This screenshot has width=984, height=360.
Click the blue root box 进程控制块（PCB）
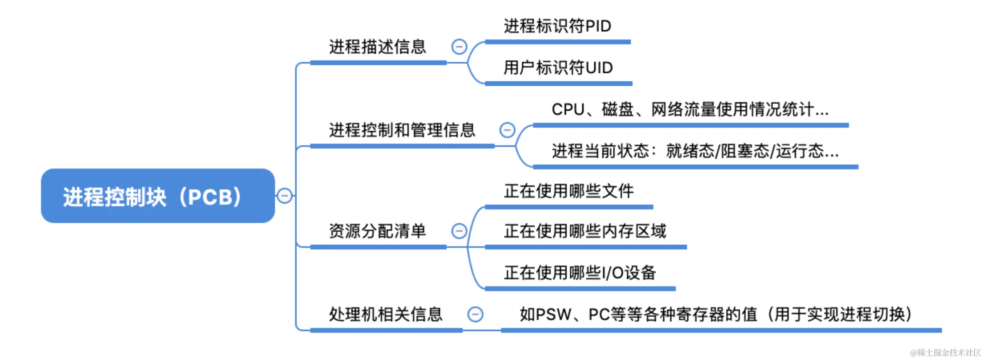(158, 196)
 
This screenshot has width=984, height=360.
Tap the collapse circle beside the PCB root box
(284, 196)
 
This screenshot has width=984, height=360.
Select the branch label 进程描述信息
(377, 47)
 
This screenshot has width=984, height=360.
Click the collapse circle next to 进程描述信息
(459, 47)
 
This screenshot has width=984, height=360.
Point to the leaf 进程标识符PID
(557, 26)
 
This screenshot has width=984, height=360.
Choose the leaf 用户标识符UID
(558, 68)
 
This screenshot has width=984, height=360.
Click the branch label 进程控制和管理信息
(402, 130)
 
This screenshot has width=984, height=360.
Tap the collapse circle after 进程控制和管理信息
(507, 130)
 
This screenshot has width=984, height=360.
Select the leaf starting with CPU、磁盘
(690, 109)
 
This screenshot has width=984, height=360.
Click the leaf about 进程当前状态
(695, 151)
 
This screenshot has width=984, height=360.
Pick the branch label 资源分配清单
(377, 231)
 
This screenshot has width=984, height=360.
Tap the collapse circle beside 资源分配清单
(459, 231)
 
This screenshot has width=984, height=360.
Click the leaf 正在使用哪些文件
(568, 191)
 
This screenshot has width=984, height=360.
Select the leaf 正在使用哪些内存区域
(585, 231)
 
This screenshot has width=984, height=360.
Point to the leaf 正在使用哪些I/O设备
(580, 272)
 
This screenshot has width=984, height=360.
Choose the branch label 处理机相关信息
(385, 314)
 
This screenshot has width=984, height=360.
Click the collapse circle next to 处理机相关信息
(475, 314)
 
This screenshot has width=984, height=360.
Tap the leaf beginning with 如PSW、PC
(716, 314)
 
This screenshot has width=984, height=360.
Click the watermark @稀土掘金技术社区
(945, 352)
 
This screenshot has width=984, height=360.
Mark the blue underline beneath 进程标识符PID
(557, 42)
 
